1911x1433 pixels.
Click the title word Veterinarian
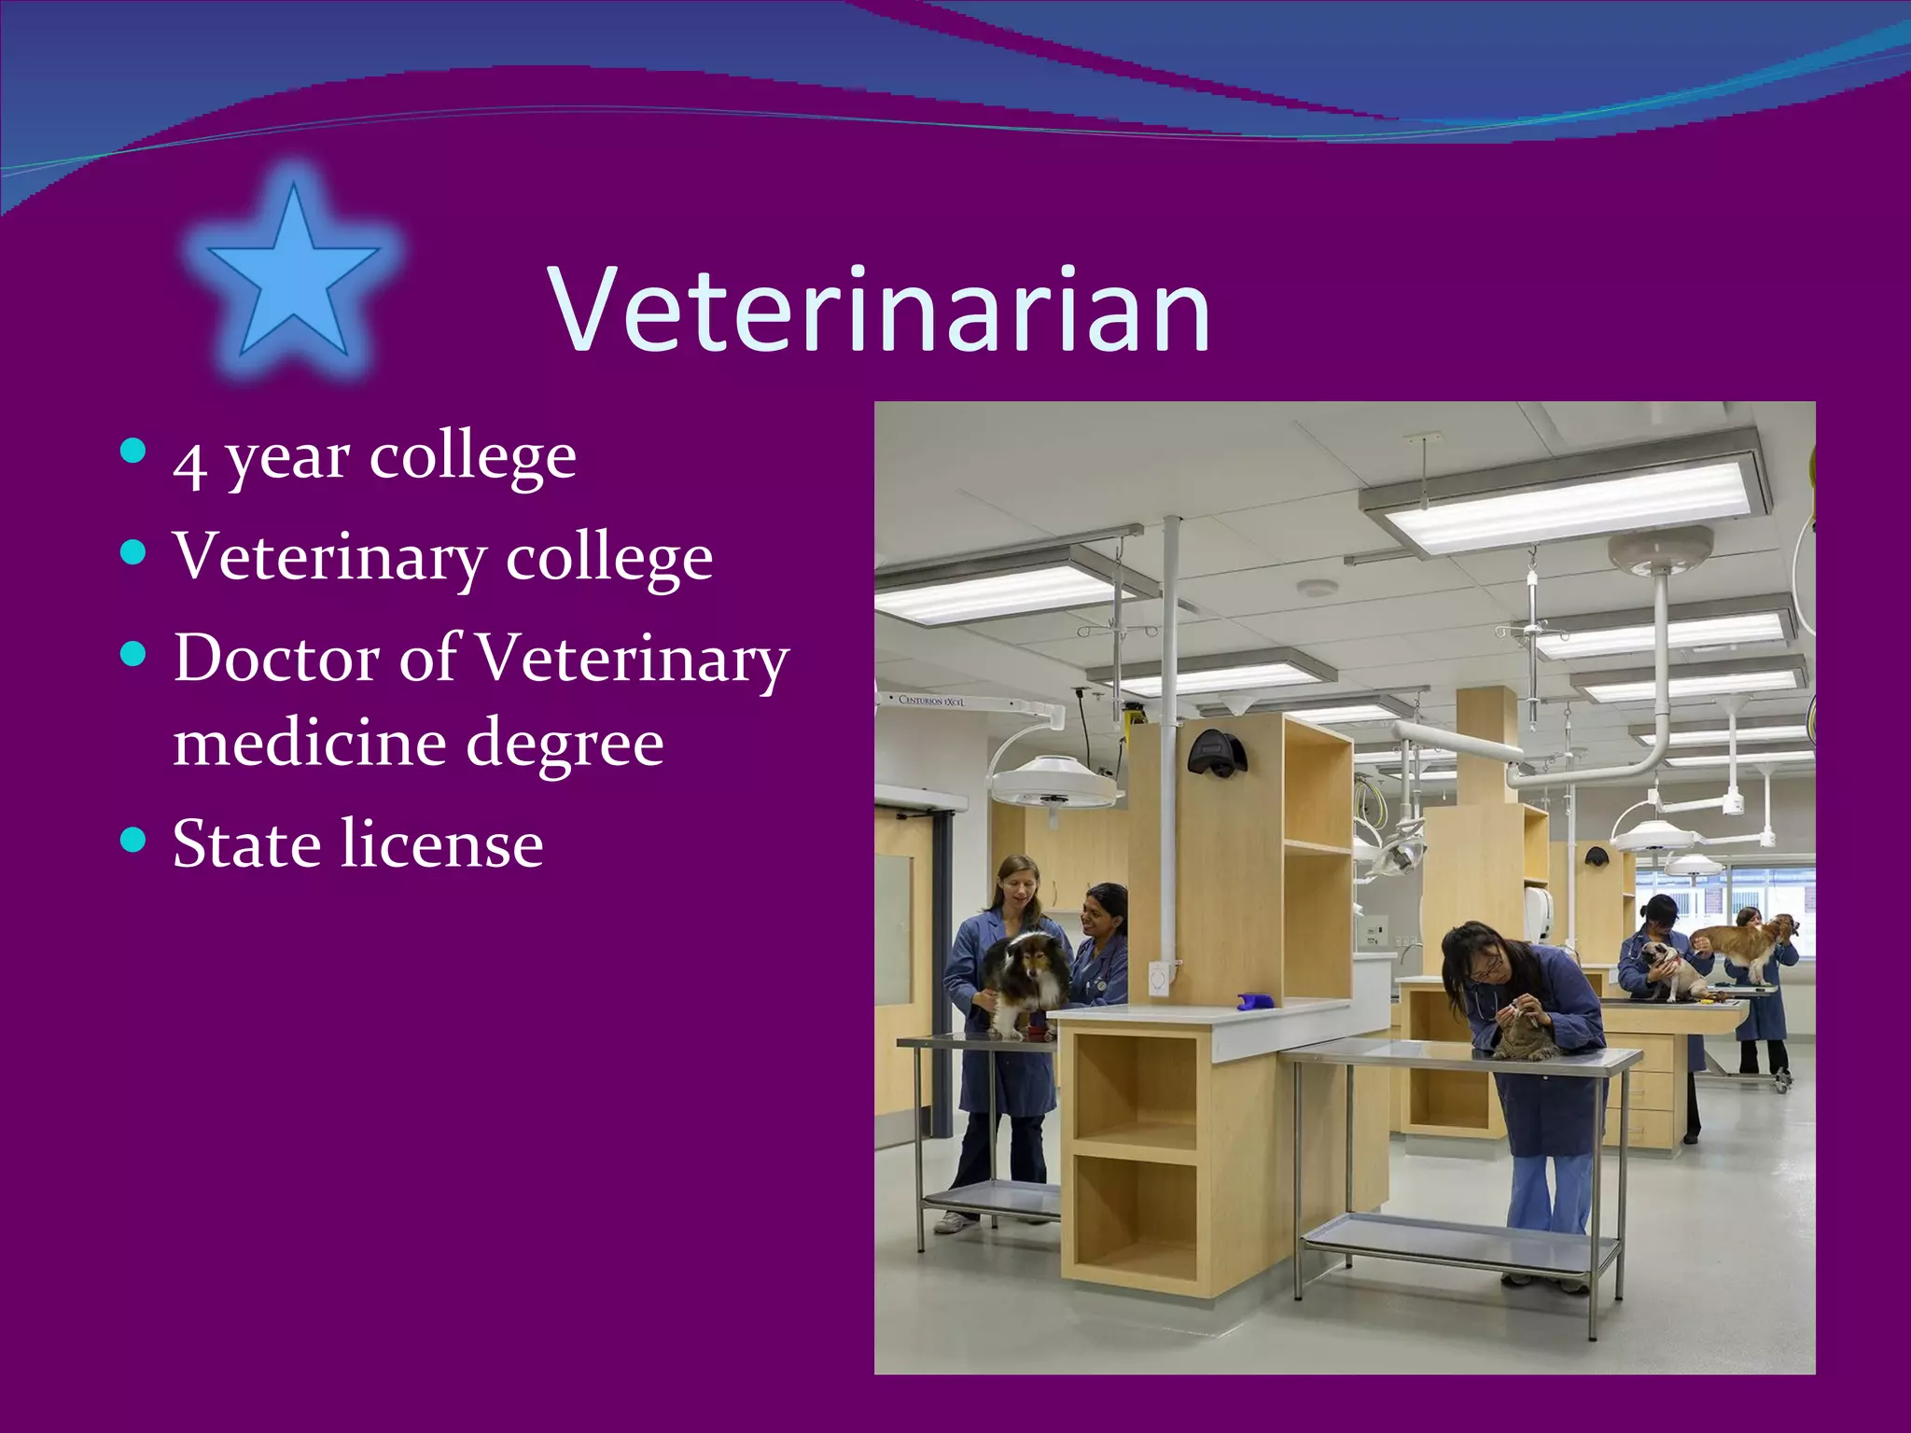(880, 310)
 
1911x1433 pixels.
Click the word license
(441, 844)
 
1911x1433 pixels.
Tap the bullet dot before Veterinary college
(134, 553)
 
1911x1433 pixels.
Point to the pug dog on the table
(1668, 970)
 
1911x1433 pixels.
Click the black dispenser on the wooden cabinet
(1217, 752)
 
